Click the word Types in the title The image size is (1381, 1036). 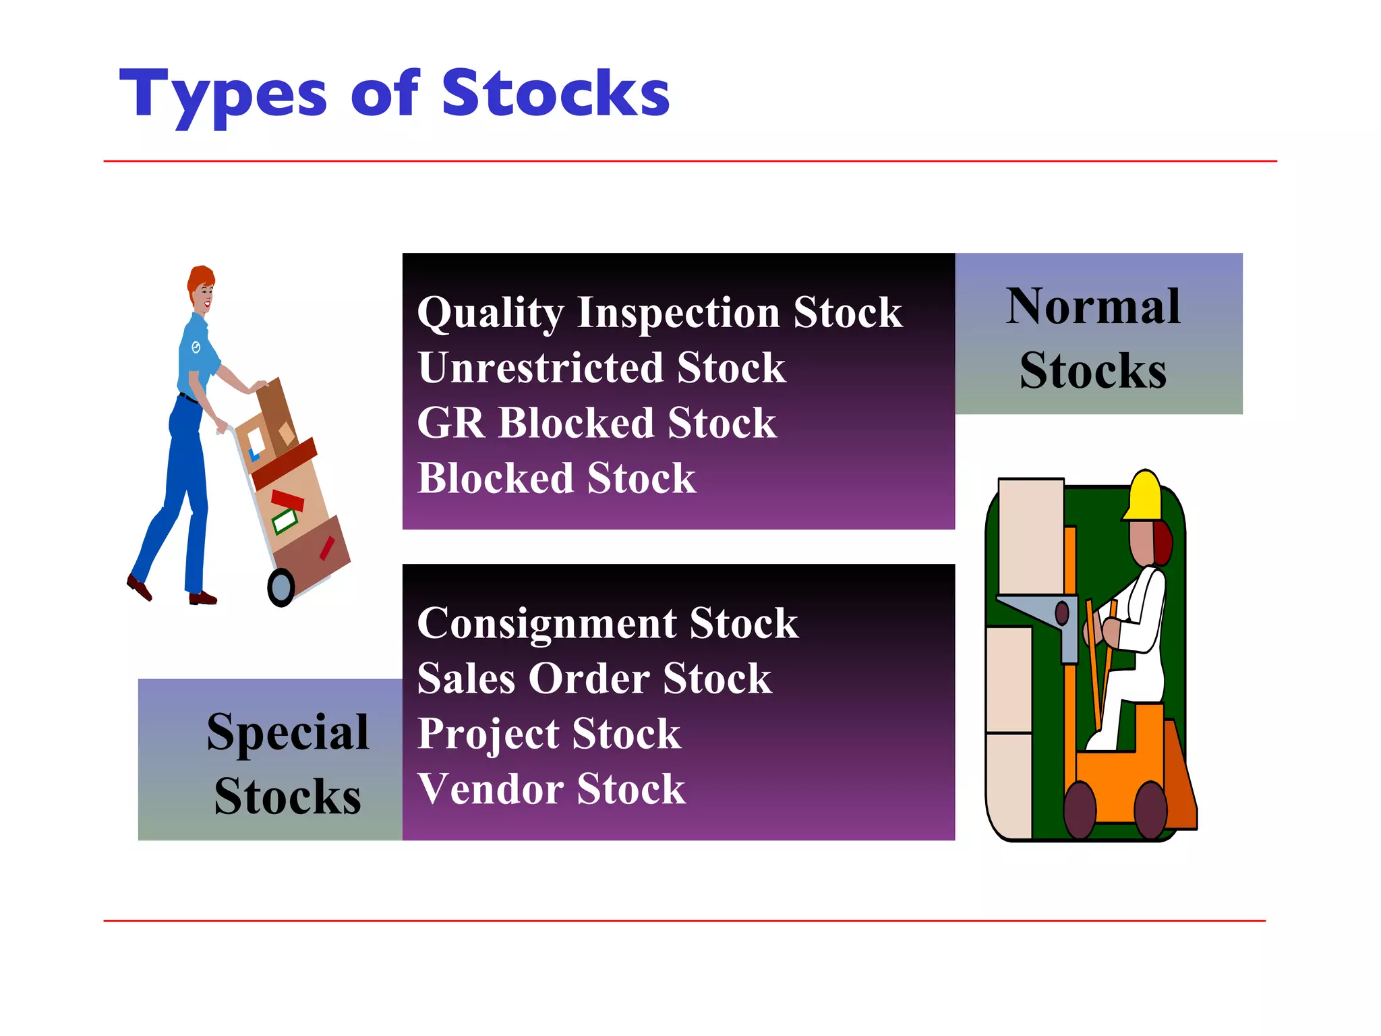tap(223, 94)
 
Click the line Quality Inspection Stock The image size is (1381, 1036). tap(659, 313)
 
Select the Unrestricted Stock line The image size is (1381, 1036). tap(601, 368)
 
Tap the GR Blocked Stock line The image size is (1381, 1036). tap(596, 424)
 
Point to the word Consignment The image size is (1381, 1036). tap(546, 623)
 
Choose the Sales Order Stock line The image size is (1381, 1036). tap(593, 679)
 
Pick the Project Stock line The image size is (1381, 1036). tap(548, 734)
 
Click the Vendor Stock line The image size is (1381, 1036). tap(551, 789)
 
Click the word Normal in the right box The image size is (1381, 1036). tap(1092, 308)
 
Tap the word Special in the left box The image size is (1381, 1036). tap(287, 732)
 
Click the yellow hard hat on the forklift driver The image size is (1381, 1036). tap(1144, 496)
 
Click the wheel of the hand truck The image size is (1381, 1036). tap(281, 587)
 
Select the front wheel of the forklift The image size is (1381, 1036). tap(1079, 809)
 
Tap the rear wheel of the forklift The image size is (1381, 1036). tap(1150, 809)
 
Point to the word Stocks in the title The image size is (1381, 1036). tap(555, 94)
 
